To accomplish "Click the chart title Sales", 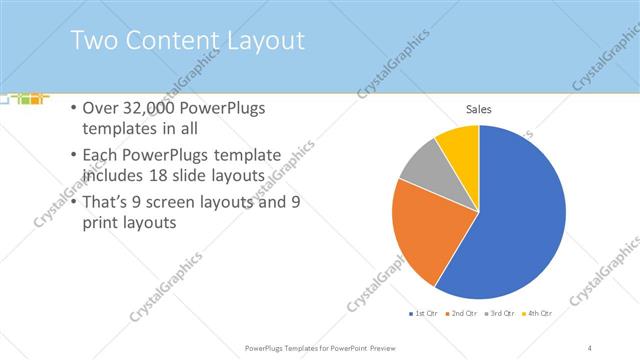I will [479, 109].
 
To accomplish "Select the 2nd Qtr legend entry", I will [461, 313].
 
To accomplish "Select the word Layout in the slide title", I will [267, 41].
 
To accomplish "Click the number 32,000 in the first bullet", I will [155, 108].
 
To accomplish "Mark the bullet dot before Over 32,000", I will [74, 108].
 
